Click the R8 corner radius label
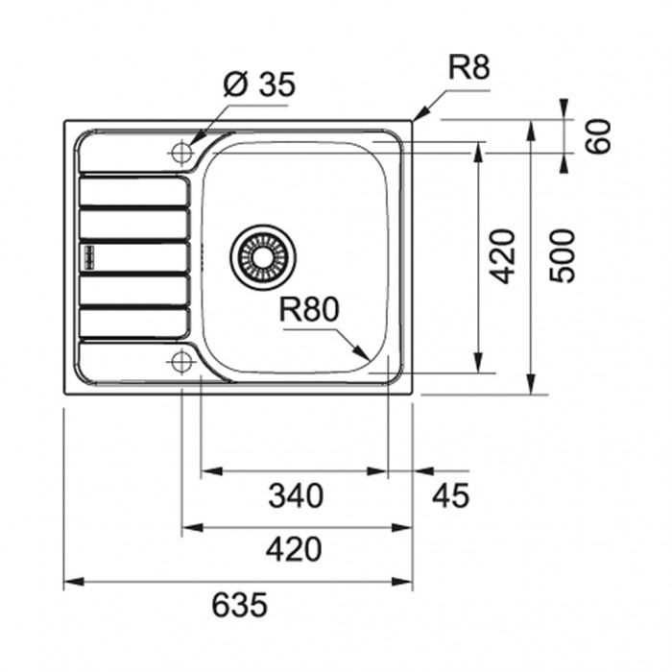tap(468, 67)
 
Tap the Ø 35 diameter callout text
tap(260, 84)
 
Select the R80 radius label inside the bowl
tap(309, 309)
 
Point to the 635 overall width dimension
tap(240, 605)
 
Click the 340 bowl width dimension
tap(296, 495)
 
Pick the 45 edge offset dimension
tap(451, 495)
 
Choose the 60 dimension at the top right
tap(598, 136)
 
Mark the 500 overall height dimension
tap(562, 256)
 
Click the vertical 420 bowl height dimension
tap(502, 256)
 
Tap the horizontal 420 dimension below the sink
tap(294, 549)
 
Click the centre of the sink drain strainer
tap(263, 257)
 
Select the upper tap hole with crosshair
tap(181, 152)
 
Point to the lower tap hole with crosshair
tap(181, 362)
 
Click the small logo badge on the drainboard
tap(89, 257)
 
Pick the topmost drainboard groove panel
tap(134, 191)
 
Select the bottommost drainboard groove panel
tap(134, 323)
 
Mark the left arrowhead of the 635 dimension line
tap(74, 582)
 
